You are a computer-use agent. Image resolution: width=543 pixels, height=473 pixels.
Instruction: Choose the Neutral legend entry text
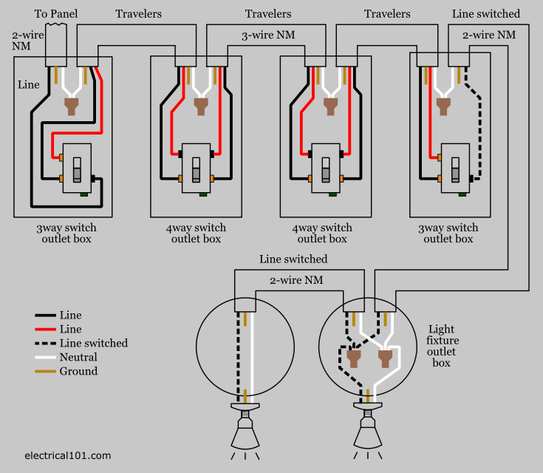[x=79, y=357]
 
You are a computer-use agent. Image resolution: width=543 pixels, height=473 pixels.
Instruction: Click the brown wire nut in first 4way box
[x=200, y=106]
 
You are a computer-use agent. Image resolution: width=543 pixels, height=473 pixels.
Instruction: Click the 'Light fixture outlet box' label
[x=442, y=346]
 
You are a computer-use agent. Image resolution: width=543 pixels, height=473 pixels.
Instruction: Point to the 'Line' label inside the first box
[x=29, y=85]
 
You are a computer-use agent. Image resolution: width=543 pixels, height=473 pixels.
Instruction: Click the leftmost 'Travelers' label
[x=138, y=14]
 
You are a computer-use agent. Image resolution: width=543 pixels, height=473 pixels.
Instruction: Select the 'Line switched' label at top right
[x=485, y=14]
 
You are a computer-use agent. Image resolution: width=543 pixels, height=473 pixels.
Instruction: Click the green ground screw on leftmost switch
[x=85, y=195]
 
